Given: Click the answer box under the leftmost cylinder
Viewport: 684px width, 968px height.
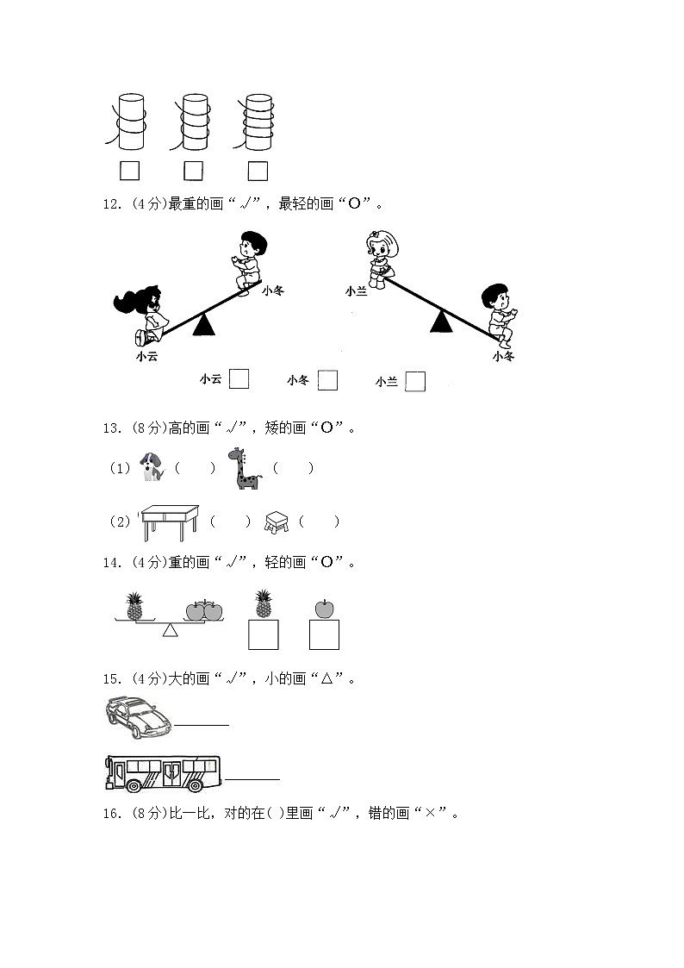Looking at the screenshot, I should pyautogui.click(x=129, y=171).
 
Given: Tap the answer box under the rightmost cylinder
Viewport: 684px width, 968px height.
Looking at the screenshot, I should pyautogui.click(x=258, y=171).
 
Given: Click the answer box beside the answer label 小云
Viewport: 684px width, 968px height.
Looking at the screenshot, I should pyautogui.click(x=239, y=378).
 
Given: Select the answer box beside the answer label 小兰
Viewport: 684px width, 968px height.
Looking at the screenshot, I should pyautogui.click(x=415, y=381).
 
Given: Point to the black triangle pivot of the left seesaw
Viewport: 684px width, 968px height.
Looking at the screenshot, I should pyautogui.click(x=203, y=324).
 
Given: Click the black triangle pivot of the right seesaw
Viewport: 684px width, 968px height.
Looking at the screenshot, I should pyautogui.click(x=442, y=322).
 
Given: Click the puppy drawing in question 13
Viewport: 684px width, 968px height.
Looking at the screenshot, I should pyautogui.click(x=152, y=468).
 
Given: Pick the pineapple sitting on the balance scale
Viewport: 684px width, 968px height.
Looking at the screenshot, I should pyautogui.click(x=134, y=606).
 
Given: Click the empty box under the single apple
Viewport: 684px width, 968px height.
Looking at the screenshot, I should pyautogui.click(x=324, y=634).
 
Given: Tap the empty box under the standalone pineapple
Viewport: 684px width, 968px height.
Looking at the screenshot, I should pyautogui.click(x=263, y=634).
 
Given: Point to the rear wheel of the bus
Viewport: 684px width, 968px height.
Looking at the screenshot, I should pyautogui.click(x=135, y=785).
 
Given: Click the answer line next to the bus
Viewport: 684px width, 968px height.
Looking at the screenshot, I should pyautogui.click(x=252, y=778).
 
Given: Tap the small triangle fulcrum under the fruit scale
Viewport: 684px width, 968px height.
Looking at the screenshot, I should pyautogui.click(x=171, y=630).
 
